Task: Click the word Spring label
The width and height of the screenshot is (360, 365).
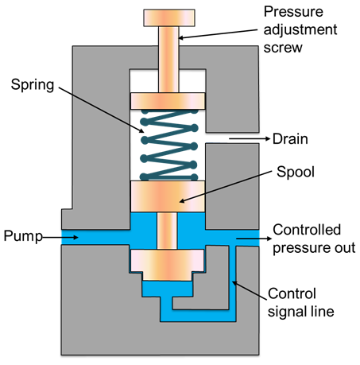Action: click(x=33, y=85)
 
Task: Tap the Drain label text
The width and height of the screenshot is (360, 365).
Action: click(x=290, y=139)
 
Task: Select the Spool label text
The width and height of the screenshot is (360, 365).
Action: click(x=296, y=172)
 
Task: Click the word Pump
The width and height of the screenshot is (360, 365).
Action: click(x=23, y=236)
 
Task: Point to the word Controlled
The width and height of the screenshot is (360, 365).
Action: click(x=307, y=230)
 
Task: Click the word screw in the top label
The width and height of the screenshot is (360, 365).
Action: click(x=283, y=48)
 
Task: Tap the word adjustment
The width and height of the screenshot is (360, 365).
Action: click(x=300, y=30)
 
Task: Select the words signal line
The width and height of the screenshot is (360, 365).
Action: click(x=301, y=312)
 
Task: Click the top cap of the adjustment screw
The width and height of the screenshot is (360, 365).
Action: click(x=169, y=18)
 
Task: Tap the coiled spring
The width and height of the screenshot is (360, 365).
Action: click(x=169, y=145)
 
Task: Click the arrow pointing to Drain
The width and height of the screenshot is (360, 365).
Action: click(x=250, y=138)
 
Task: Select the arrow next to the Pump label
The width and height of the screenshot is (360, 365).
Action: click(x=60, y=237)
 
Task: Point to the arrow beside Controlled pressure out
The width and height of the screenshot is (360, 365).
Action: click(x=254, y=239)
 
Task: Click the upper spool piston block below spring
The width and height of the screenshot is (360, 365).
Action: click(x=168, y=196)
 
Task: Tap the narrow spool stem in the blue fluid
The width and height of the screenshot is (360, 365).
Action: click(x=167, y=231)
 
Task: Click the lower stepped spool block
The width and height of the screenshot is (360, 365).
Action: click(x=168, y=265)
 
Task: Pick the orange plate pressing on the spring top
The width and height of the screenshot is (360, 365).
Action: click(x=168, y=101)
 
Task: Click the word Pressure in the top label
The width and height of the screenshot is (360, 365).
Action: click(x=293, y=12)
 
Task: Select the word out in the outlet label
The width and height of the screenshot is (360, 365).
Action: click(x=344, y=248)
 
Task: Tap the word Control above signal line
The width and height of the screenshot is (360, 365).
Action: click(x=292, y=293)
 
